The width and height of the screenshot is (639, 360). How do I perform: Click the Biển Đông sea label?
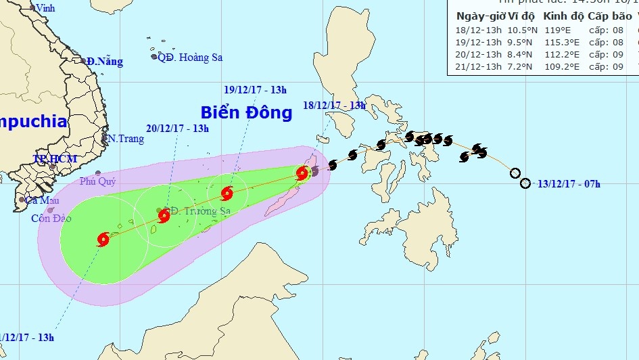246,112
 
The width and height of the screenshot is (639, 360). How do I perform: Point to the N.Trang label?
125,139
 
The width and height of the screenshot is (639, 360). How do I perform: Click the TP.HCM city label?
55,158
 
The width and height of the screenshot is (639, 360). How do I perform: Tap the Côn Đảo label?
51,219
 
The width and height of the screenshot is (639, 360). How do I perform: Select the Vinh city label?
45,8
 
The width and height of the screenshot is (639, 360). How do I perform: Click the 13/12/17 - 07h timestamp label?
569,183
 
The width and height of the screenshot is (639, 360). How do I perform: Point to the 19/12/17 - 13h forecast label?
256,89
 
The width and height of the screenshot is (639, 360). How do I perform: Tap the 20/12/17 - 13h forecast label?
177,129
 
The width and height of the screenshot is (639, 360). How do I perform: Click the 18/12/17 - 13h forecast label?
334,106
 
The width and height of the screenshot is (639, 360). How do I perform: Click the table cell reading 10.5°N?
522,29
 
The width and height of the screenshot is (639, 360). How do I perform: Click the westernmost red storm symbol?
103,239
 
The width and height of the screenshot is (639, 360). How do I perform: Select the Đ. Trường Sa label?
202,211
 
